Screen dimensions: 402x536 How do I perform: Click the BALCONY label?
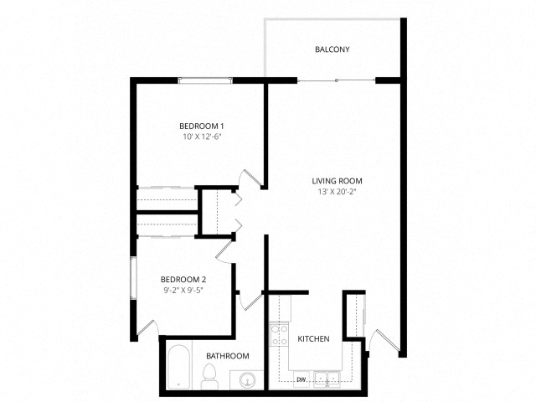(332, 49)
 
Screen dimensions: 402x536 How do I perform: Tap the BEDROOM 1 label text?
(201, 126)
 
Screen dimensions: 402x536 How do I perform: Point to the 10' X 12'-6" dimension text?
(201, 136)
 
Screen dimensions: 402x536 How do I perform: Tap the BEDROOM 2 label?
(183, 280)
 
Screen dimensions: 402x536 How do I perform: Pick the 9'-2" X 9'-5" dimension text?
(183, 290)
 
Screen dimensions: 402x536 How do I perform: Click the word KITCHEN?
(314, 339)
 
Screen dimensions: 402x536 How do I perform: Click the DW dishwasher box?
(301, 379)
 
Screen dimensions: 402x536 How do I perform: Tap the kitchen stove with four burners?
(279, 335)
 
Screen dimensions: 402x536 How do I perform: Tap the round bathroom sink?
(245, 381)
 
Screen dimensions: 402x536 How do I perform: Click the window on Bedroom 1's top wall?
(205, 80)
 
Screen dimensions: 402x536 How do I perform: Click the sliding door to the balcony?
(337, 80)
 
